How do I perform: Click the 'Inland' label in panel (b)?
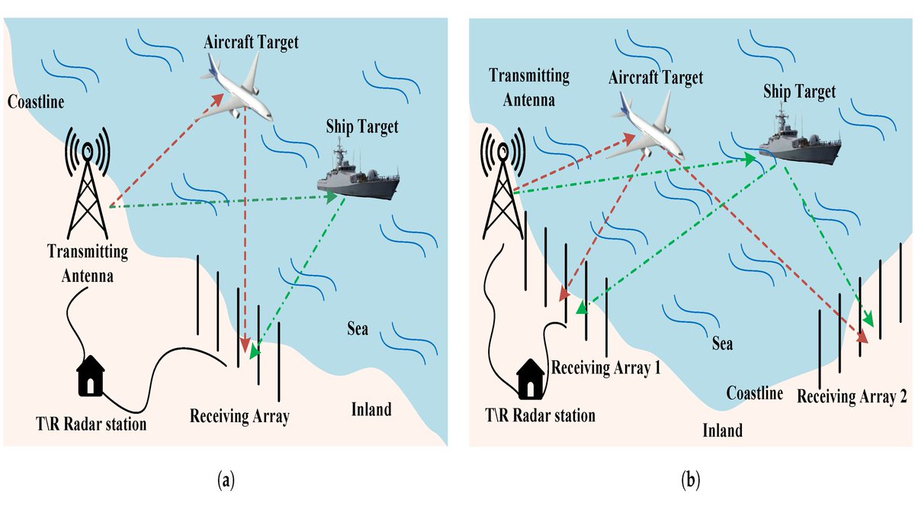tap(721, 431)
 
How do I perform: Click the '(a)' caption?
tap(226, 481)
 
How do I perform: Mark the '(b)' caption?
tap(690, 481)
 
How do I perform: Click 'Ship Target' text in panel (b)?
tap(799, 92)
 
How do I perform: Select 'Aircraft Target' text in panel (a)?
tap(251, 42)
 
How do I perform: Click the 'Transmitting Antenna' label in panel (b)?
tap(528, 87)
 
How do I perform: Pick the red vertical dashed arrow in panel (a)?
tap(244, 229)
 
